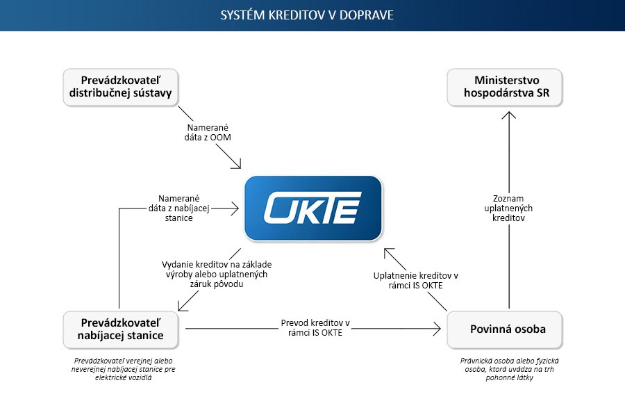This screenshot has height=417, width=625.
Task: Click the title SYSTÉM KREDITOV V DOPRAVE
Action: point(307,15)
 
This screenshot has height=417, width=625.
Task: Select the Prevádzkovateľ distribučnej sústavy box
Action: point(120,88)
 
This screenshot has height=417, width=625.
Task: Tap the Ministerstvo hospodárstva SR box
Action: point(505,88)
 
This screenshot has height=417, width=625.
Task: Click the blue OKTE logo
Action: point(313,208)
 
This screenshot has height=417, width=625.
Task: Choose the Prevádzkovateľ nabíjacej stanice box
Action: point(120,329)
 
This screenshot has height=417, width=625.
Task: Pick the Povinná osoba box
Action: point(505,329)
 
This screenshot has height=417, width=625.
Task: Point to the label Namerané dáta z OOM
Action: point(208,133)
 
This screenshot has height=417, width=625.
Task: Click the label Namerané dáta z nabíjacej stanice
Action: point(179,208)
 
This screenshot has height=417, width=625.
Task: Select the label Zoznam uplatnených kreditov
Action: point(508,208)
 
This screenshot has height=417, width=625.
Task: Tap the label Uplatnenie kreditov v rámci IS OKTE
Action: point(416,281)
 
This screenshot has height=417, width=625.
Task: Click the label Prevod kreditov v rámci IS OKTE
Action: point(315,327)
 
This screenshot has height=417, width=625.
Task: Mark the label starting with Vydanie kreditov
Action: point(217,274)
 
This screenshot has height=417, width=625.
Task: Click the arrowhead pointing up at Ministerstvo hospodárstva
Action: point(509,115)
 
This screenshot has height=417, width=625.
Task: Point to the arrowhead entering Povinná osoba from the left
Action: point(437,329)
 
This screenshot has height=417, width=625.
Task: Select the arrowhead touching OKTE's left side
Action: point(235,208)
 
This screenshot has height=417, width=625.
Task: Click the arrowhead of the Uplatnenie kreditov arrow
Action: point(387,252)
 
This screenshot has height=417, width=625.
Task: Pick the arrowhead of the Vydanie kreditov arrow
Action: point(182,306)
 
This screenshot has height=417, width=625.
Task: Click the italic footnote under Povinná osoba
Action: point(509,369)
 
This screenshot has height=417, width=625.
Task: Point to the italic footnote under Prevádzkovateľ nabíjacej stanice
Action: point(123,369)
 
